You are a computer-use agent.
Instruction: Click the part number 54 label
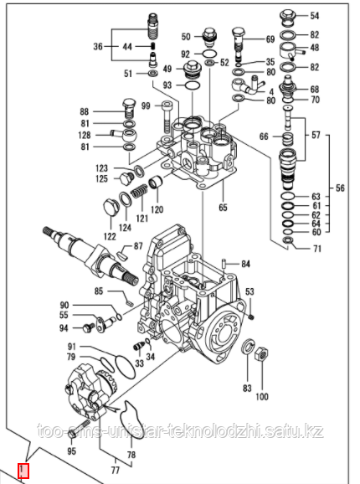[x=314, y=16]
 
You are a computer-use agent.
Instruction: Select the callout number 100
[x=262, y=396]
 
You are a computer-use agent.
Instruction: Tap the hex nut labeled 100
[x=261, y=355]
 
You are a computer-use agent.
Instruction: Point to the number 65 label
[x=223, y=208]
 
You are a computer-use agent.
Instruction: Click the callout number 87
[x=138, y=246]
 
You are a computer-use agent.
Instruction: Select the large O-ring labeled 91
[x=125, y=366]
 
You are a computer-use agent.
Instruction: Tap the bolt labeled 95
[x=79, y=429]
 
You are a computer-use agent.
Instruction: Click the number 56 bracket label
[x=340, y=188]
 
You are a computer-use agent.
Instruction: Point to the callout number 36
[x=98, y=47]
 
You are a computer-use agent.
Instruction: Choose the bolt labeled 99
[x=166, y=117]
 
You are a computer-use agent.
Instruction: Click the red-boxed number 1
[x=23, y=470]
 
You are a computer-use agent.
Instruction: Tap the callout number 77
[x=115, y=471]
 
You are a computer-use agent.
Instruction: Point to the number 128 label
[x=85, y=135]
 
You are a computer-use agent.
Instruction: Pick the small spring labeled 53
[x=251, y=317]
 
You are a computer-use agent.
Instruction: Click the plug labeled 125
[x=126, y=178]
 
